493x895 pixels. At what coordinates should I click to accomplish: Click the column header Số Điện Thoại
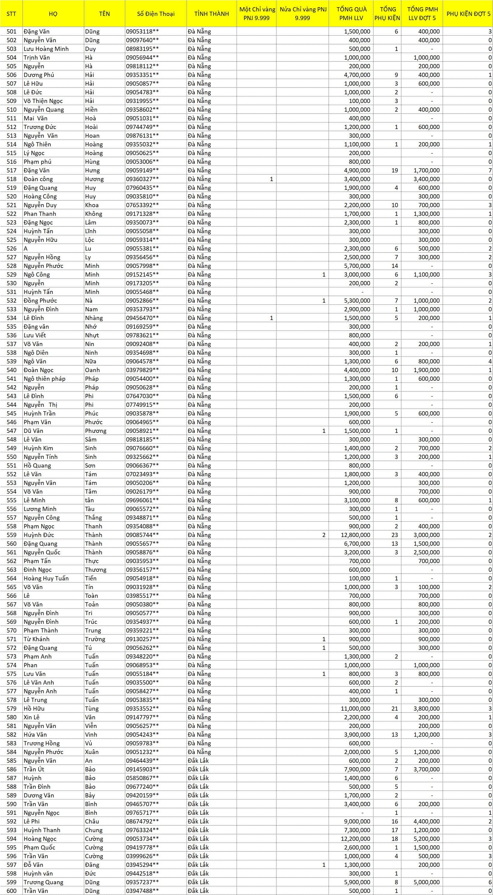(155, 14)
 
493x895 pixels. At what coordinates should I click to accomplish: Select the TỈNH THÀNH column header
(211, 14)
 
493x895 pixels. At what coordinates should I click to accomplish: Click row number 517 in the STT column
(11, 170)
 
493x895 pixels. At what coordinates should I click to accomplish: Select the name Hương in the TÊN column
(94, 179)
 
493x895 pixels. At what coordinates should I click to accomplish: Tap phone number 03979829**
(142, 370)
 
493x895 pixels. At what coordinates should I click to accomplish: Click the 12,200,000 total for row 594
(355, 839)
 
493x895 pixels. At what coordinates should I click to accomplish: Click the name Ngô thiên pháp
(45, 379)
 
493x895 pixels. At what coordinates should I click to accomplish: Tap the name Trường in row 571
(95, 639)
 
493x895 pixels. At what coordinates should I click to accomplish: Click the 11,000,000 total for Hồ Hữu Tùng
(355, 709)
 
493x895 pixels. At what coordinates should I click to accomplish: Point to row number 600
(11, 891)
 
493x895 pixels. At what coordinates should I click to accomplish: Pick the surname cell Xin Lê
(32, 717)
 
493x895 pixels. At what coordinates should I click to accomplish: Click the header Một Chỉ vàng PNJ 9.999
(257, 14)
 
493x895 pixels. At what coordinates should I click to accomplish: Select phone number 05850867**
(142, 778)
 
